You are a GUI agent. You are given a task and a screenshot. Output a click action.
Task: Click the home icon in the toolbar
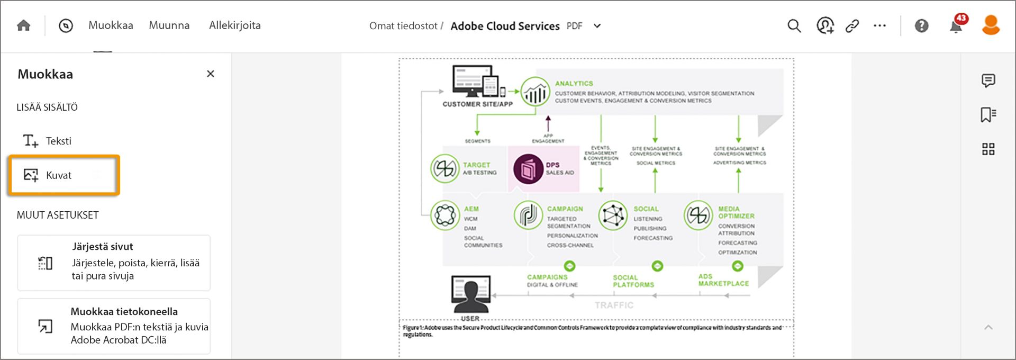(x=24, y=25)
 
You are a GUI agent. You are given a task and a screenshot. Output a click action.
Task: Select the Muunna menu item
(x=169, y=25)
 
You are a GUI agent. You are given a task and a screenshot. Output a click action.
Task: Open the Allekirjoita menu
(x=234, y=25)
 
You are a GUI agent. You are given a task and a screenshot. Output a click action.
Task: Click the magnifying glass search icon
(x=794, y=25)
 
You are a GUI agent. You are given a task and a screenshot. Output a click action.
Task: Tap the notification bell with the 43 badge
(x=956, y=25)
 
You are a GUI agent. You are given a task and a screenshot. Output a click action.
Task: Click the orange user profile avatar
(x=991, y=25)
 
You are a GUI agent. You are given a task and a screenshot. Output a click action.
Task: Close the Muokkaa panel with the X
(x=211, y=74)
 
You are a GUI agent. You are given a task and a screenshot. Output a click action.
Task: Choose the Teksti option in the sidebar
(x=58, y=141)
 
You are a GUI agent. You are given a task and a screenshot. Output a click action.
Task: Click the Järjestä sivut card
(x=114, y=263)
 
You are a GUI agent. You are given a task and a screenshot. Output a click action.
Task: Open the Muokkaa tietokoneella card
(x=114, y=326)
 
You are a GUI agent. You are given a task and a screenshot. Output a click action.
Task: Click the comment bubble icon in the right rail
(x=988, y=80)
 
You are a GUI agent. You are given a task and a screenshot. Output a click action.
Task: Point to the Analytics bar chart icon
(x=535, y=93)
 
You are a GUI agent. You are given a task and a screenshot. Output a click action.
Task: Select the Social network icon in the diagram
(x=613, y=215)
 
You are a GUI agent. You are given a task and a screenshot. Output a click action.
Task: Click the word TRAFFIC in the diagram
(x=614, y=305)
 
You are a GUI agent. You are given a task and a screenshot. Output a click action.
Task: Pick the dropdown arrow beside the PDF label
(x=597, y=26)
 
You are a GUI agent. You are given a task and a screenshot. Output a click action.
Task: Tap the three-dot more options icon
(x=879, y=25)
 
